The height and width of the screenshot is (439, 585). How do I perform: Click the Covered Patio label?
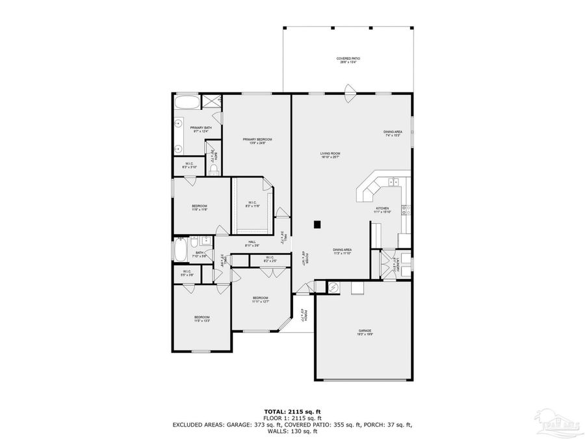click(348, 60)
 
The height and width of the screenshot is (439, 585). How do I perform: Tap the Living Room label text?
click(330, 155)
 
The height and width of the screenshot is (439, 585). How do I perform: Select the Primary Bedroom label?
click(257, 140)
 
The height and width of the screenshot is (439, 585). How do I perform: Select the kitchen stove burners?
click(404, 209)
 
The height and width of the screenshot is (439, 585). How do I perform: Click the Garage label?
click(364, 332)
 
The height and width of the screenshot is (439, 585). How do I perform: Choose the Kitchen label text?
click(382, 209)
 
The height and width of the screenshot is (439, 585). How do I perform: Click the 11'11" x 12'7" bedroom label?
click(261, 299)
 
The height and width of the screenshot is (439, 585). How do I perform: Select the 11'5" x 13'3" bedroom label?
click(201, 319)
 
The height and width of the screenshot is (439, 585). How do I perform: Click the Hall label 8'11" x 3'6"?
click(252, 243)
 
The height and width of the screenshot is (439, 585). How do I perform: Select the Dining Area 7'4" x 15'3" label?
click(392, 133)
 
